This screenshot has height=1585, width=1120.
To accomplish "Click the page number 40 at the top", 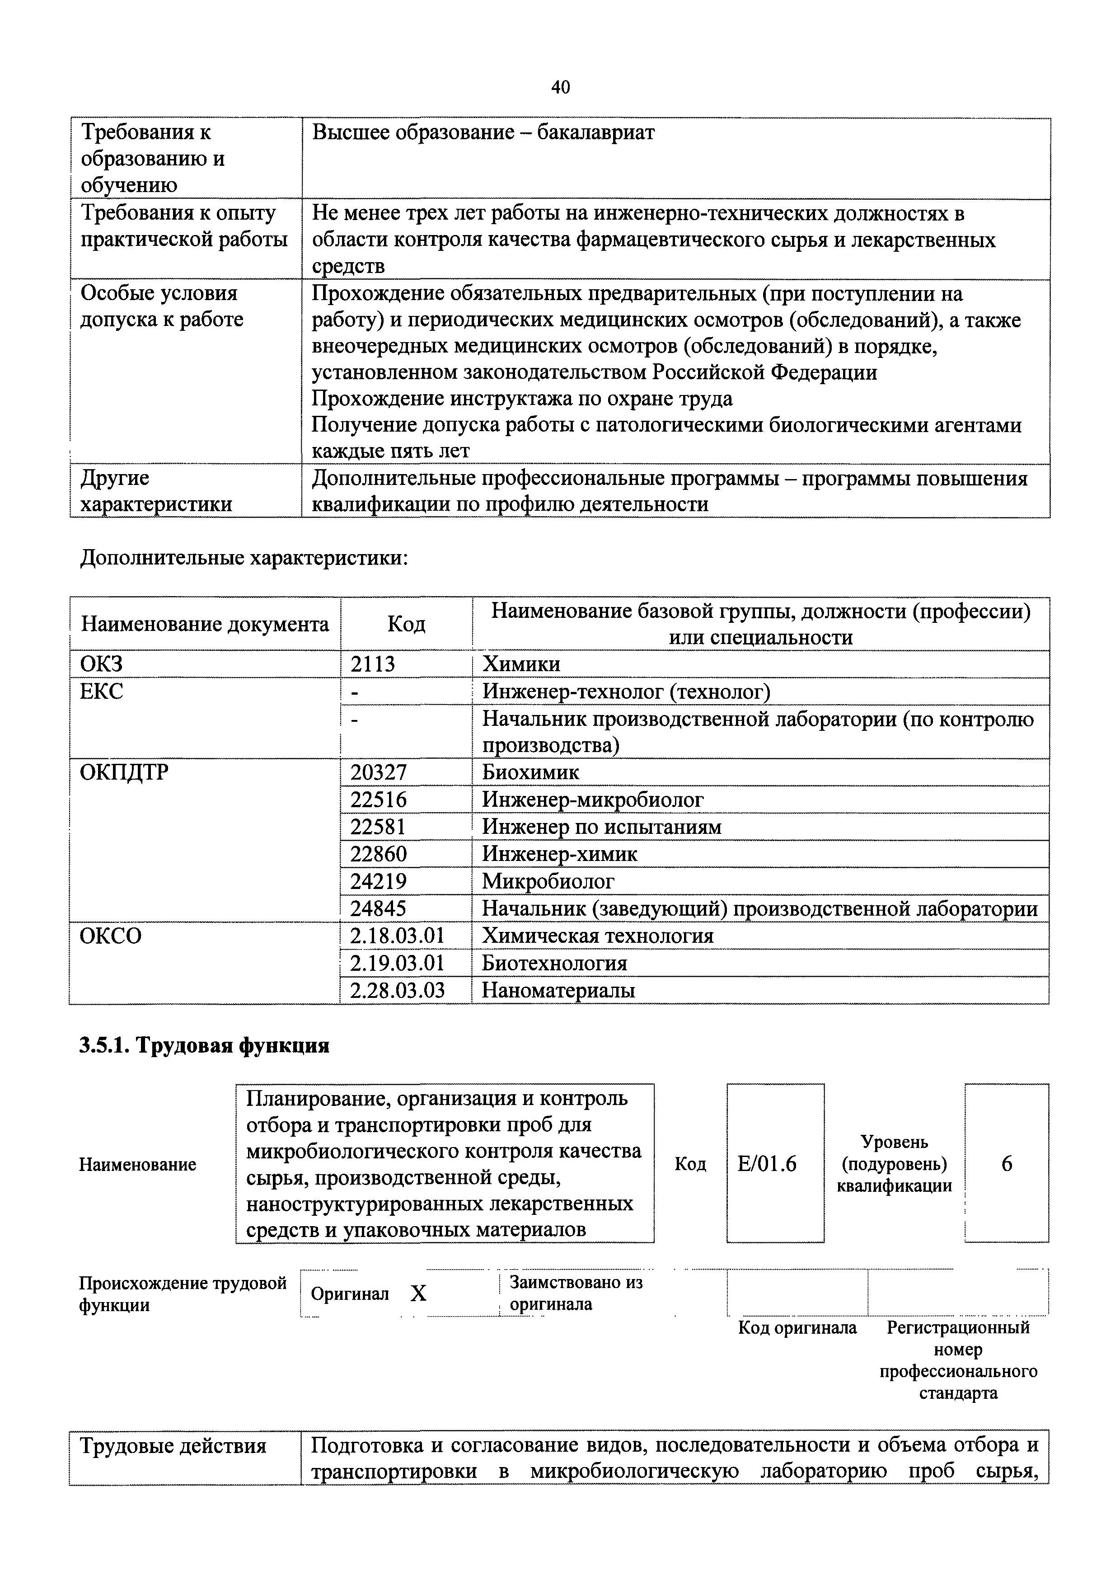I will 560,87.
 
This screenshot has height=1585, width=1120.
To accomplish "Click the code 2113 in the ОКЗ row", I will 373,664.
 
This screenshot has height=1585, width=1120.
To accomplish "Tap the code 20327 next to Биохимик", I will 378,772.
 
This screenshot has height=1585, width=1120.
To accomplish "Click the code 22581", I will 378,826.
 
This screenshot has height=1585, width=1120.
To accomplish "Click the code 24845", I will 378,908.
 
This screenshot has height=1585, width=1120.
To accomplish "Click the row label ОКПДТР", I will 124,772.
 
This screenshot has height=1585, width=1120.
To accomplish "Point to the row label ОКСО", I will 110,936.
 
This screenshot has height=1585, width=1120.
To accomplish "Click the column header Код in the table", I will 406,624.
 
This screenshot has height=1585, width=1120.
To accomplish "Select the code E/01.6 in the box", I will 767,1164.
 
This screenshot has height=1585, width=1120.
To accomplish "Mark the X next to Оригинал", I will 418,1293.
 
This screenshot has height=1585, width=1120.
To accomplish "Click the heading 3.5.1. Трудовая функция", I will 204,1046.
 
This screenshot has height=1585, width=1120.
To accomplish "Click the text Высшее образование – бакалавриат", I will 483,132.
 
